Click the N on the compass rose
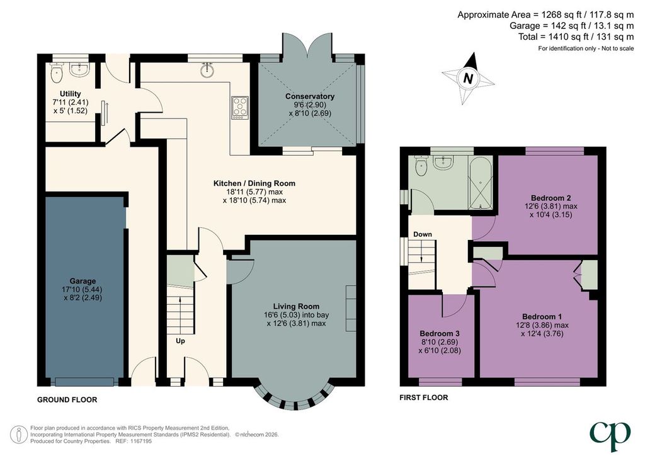(468, 78)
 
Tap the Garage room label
(83, 282)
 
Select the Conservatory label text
(310, 96)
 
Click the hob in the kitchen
(240, 107)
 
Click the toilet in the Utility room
(56, 73)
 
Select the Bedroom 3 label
(439, 333)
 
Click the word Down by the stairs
(423, 234)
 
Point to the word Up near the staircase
(180, 341)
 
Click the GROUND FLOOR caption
(67, 400)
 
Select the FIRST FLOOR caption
(424, 397)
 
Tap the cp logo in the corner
(610, 436)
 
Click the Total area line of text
(576, 37)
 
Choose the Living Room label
(296, 306)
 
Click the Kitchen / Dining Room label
(254, 183)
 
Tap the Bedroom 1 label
(542, 317)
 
